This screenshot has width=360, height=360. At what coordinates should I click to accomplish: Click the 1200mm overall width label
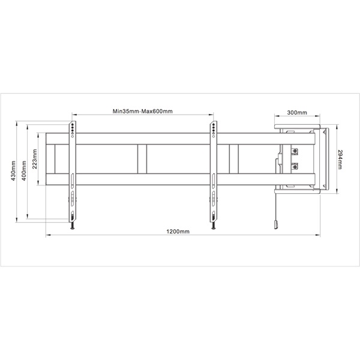coord(178,232)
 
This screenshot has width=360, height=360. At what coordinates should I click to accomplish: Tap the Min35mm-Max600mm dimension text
coord(142,111)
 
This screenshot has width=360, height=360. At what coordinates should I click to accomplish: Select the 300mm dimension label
coord(297,112)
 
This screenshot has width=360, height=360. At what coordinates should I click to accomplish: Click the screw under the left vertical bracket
coord(71,226)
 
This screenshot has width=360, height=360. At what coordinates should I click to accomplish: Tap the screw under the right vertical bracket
coord(212,226)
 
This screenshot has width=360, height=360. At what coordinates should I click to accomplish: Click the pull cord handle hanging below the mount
coord(276,224)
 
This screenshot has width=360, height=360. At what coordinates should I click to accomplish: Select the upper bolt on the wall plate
coord(295,150)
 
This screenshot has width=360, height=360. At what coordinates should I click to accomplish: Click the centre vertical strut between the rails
coord(141,159)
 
